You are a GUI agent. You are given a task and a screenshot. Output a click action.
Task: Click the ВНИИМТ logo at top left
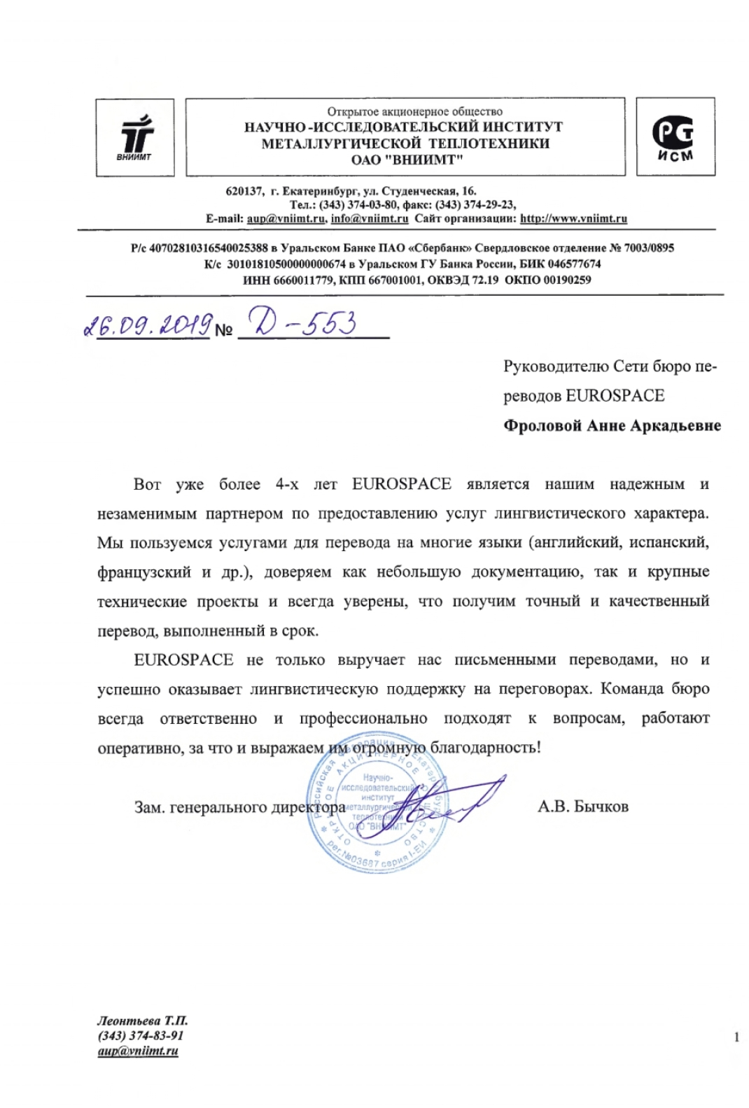coord(135,137)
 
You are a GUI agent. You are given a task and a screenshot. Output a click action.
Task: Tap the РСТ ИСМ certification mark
coord(675,136)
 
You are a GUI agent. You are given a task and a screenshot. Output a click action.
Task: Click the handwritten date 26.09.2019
coord(148,325)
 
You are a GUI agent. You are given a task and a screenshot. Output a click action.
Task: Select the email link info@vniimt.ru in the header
coord(369,218)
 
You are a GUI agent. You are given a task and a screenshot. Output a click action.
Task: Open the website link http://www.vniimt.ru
coord(573,218)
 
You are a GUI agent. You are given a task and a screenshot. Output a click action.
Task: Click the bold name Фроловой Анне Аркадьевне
coord(612,426)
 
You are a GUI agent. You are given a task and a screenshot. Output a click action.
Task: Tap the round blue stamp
coord(377,802)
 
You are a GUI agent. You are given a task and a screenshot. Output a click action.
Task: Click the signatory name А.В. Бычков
coord(582,807)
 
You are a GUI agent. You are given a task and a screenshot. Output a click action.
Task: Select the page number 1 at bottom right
coord(736,1037)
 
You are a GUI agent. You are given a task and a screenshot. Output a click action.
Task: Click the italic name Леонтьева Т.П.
coord(143,1021)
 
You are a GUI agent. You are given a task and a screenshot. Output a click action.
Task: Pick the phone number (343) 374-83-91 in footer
coord(140,1035)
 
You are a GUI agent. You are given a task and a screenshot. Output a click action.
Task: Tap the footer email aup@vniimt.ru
coord(138,1051)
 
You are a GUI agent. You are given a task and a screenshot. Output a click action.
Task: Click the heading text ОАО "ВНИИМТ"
coord(407,159)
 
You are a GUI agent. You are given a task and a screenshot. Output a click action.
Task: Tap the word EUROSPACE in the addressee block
coord(615,396)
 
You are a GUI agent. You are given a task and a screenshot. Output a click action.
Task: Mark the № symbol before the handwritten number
coord(223,330)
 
